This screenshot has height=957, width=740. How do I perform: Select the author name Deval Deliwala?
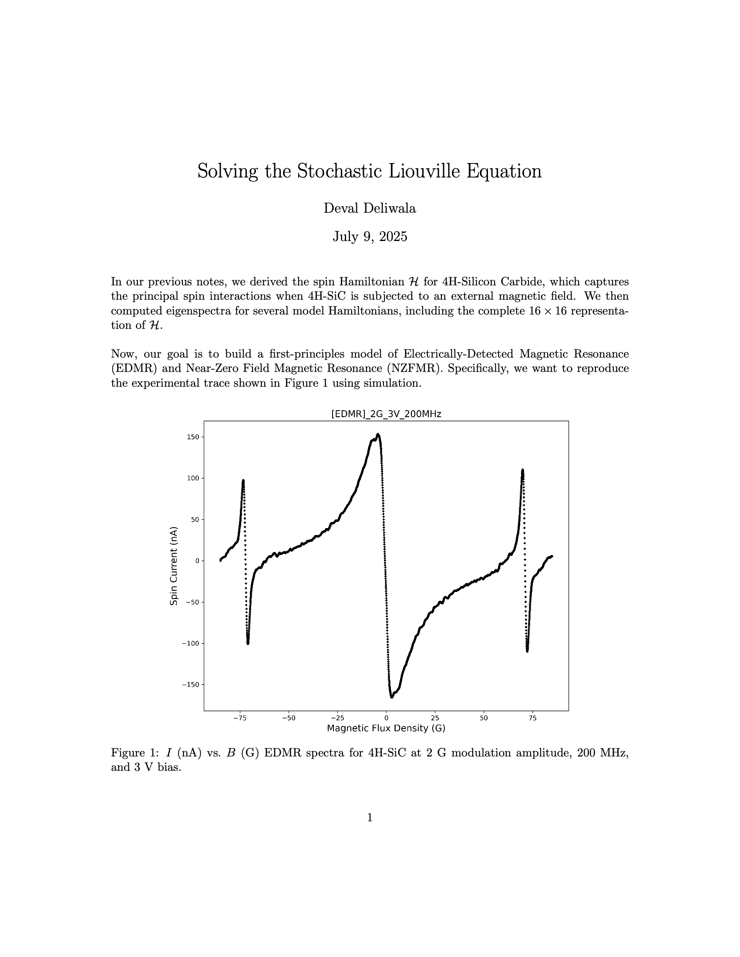pos(370,208)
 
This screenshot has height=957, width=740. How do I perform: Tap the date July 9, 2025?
pos(370,237)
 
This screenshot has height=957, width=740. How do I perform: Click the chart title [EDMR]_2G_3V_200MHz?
pos(386,414)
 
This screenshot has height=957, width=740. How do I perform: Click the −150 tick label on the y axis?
pos(190,684)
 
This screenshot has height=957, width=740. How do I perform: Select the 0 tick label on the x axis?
pos(386,718)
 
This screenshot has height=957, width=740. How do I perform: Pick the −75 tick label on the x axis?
pos(239,718)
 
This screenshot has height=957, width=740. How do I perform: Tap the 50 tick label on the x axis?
pos(484,718)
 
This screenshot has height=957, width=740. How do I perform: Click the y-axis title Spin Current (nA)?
pos(174,565)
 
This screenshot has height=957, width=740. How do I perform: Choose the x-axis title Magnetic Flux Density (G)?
pos(386,728)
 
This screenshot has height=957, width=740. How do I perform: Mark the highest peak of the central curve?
pos(378,434)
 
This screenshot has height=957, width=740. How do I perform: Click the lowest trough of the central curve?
pos(391,697)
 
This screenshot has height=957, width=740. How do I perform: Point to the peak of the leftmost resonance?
pos(243,480)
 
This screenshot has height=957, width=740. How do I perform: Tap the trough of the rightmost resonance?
pos(527,651)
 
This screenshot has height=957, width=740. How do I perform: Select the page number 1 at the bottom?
pos(370,818)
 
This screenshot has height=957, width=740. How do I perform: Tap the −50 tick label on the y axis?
pos(192,602)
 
